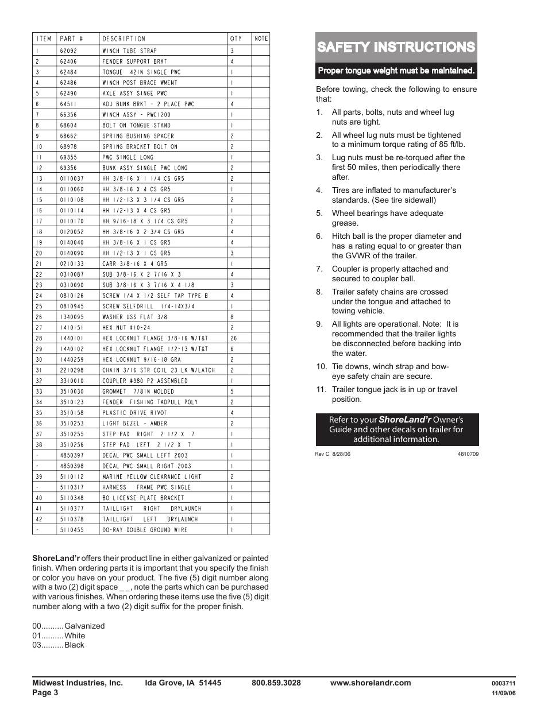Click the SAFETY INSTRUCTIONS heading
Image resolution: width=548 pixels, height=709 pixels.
[396, 47]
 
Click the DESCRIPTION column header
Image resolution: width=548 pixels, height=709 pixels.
[124, 39]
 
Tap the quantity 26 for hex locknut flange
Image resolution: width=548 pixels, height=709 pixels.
[233, 338]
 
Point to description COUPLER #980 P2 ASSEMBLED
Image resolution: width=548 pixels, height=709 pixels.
[145, 381]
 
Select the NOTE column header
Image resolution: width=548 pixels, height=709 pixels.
[261, 39]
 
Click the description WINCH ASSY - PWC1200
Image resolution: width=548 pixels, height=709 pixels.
[136, 115]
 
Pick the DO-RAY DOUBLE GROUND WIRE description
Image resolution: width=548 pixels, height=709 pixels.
[145, 530]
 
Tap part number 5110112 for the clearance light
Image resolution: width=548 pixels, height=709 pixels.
[72, 476]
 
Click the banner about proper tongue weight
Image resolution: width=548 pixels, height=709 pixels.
[396, 71]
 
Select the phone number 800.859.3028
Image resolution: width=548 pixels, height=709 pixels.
[276, 683]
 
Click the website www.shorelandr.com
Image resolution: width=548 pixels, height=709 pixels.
[371, 683]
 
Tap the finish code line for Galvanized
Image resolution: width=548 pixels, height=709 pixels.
[68, 626]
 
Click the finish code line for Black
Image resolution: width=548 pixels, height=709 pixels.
[58, 645]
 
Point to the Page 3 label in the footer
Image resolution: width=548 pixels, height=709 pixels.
[45, 692]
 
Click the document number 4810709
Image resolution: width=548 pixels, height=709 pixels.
[468, 454]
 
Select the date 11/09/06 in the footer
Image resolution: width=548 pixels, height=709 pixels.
[504, 693]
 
